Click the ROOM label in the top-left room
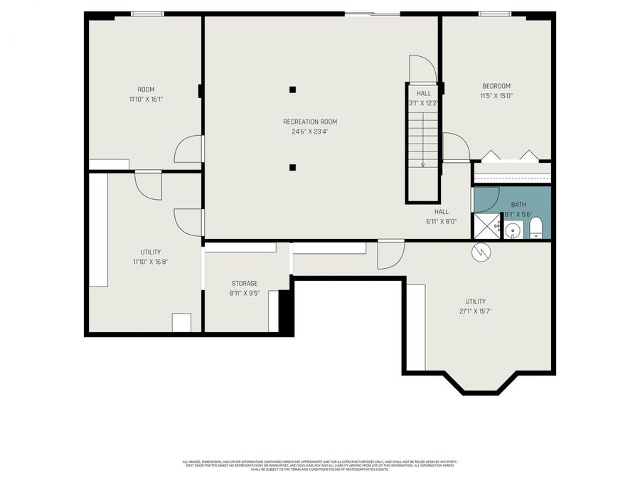[x=145, y=89]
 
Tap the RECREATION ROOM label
[x=309, y=122]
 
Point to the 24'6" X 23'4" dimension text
[x=309, y=132]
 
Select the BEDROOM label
[x=496, y=86]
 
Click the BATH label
[x=518, y=204]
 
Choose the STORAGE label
[x=244, y=283]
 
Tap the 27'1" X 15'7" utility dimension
[x=475, y=311]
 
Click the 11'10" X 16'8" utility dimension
[x=150, y=262]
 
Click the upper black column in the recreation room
[x=293, y=90]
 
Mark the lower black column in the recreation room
[x=293, y=168]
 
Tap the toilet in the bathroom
[x=535, y=228]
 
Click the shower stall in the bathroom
[x=487, y=227]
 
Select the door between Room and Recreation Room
[x=190, y=149]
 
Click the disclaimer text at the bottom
[x=319, y=465]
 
